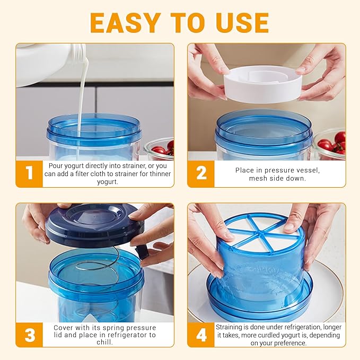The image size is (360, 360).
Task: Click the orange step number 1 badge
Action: point(29,173)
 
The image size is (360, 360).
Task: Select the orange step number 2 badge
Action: point(201,173)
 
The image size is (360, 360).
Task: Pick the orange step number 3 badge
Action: point(29,335)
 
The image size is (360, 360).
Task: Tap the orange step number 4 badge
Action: point(201,335)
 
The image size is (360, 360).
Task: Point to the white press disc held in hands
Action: point(262,84)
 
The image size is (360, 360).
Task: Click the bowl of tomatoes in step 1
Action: point(159,149)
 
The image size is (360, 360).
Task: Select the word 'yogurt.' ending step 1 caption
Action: point(108,182)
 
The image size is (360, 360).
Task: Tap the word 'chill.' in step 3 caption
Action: point(104,343)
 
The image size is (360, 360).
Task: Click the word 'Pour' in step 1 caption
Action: point(54,165)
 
